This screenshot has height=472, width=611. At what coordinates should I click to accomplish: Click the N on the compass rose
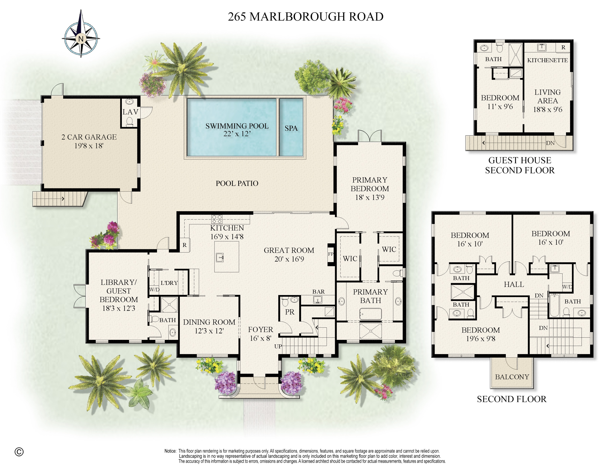(x=81, y=39)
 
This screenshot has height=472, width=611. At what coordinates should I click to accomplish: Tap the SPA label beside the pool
(x=291, y=128)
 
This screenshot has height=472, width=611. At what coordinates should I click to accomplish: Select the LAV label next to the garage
(x=130, y=112)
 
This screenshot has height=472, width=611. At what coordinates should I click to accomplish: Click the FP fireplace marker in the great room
(x=331, y=254)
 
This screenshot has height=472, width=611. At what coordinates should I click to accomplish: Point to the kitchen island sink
(x=220, y=257)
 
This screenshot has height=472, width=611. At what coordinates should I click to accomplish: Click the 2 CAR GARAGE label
(x=89, y=137)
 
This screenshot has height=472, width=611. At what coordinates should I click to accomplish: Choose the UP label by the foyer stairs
(x=278, y=346)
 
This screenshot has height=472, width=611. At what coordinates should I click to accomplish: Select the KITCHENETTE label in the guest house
(x=547, y=60)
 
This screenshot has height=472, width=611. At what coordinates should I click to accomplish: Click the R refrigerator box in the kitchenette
(x=563, y=47)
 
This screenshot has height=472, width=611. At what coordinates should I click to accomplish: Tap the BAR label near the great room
(x=318, y=292)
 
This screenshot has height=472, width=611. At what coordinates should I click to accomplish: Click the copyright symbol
(x=19, y=452)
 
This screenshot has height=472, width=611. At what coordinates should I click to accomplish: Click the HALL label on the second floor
(x=514, y=285)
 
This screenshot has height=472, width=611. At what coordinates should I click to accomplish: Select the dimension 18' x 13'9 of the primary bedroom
(x=370, y=197)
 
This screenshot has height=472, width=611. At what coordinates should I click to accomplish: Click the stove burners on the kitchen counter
(x=217, y=219)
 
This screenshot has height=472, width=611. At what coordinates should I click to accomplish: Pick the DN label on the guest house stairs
(x=550, y=143)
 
